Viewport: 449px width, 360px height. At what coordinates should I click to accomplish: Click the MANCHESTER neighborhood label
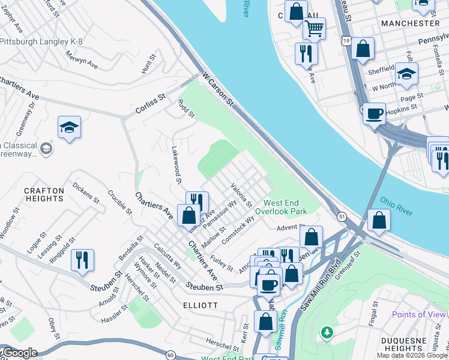point(411,23)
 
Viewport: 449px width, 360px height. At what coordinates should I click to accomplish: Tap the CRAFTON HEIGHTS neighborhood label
point(44,195)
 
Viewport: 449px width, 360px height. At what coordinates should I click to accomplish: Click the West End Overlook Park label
point(281,207)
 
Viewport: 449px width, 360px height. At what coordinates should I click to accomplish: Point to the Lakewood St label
point(176,164)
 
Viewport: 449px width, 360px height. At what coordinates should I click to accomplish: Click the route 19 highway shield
point(345,40)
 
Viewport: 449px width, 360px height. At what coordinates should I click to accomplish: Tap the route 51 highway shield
point(341,216)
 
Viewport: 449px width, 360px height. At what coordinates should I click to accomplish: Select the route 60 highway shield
point(170,355)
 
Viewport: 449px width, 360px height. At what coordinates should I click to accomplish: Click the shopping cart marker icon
point(314,27)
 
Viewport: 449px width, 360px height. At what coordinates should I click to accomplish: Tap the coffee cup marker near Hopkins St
point(375,112)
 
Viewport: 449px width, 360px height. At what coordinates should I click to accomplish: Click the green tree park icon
point(327,332)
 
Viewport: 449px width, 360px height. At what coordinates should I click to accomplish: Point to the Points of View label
point(419,314)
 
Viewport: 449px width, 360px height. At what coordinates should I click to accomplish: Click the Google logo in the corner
point(19,353)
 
